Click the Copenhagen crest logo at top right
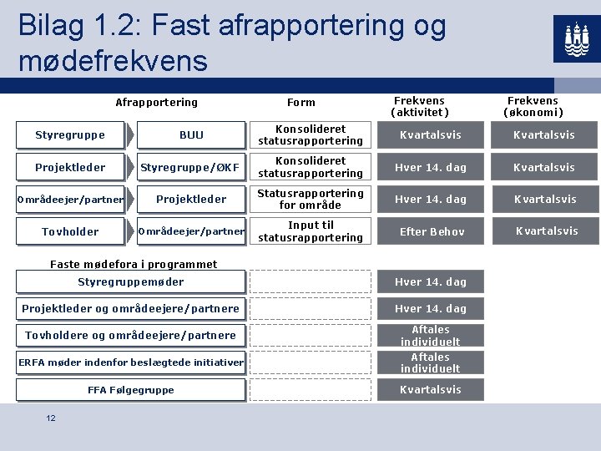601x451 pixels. [x=576, y=38]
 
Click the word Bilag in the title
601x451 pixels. [x=53, y=26]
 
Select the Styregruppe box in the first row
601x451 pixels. [x=70, y=135]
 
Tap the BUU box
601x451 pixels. [x=191, y=135]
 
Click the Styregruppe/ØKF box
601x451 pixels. [x=190, y=167]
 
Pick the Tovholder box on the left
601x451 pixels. [x=70, y=231]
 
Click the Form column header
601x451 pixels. [x=300, y=103]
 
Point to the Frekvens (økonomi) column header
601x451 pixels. [x=533, y=107]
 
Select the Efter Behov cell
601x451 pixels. [x=432, y=231]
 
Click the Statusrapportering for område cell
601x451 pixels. [x=311, y=199]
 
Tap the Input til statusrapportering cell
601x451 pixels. [x=311, y=231]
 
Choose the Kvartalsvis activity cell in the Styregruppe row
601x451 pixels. [x=430, y=135]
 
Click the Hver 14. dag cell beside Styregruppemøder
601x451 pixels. [x=430, y=282]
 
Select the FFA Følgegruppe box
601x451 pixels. [x=131, y=390]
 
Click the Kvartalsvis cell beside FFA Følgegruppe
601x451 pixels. [x=430, y=390]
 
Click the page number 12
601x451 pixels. [x=51, y=418]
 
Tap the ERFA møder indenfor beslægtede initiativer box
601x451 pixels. [x=131, y=362]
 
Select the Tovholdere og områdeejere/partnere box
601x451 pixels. [x=131, y=336]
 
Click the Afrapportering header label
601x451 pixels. [x=156, y=103]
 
